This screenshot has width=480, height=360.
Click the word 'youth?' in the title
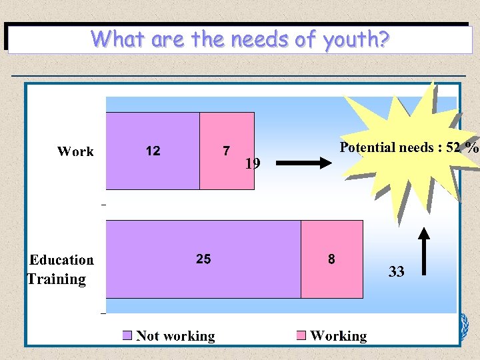point(357,40)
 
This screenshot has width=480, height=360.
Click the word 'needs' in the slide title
point(261,40)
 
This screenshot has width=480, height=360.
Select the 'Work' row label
point(75,151)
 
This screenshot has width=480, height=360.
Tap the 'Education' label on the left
point(62,260)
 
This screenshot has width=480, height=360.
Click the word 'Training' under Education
point(57,279)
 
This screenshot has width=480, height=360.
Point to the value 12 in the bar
point(153,151)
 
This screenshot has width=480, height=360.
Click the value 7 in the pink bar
point(227,151)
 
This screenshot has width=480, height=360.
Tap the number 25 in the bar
point(203,259)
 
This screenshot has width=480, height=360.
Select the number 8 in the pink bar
point(331,259)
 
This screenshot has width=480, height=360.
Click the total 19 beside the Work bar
point(253,163)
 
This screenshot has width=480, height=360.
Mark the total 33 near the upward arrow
point(397,271)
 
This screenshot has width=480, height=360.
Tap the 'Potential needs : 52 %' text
point(409,147)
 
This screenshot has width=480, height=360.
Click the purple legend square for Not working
point(128,335)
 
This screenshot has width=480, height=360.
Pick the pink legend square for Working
point(301,335)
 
